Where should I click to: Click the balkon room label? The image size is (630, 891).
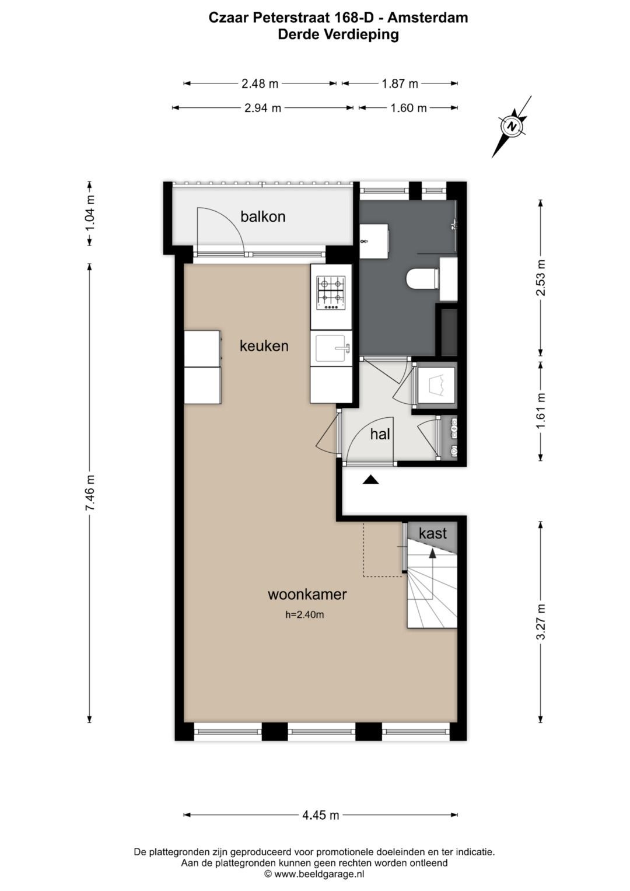point(262,216)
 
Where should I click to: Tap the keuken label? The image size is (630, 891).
point(264,346)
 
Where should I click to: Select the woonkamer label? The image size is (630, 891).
point(307,595)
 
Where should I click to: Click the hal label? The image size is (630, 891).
point(380,434)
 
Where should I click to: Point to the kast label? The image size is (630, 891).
point(433,533)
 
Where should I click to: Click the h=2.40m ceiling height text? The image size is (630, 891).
point(304,614)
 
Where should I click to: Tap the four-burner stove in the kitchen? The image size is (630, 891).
point(331,293)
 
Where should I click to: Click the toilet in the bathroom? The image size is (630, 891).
point(422,279)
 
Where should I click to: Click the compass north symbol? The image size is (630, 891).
point(512,126)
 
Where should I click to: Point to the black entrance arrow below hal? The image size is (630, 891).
point(371,480)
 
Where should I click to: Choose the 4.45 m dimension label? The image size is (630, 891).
point(320,815)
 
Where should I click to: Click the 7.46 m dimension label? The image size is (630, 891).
point(90,493)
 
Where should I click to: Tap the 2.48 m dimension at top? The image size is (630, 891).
point(260,83)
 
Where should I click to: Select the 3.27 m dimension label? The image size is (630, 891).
point(541,621)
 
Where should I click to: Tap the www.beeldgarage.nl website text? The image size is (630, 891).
point(318,873)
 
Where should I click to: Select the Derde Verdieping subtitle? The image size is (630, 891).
point(338,34)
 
